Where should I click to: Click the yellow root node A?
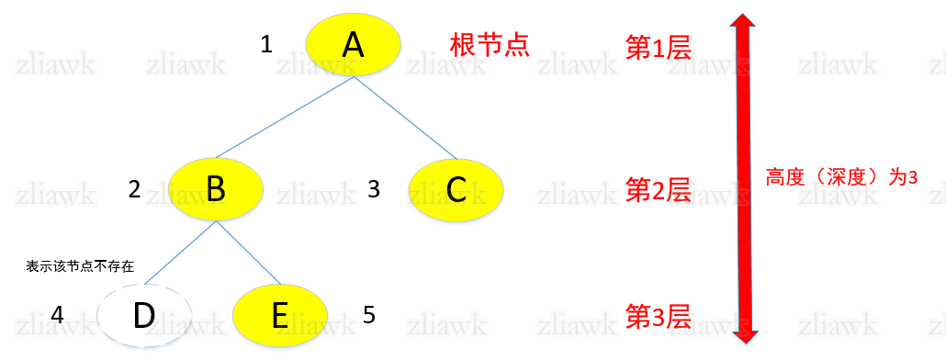(353, 44)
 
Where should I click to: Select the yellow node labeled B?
(217, 188)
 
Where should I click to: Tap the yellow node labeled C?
(456, 188)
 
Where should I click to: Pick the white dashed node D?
(144, 315)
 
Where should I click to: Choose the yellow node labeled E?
(281, 315)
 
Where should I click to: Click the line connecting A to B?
(285, 118)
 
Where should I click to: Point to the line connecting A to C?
(405, 118)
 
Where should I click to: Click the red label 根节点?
(490, 45)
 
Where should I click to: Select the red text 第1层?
(658, 48)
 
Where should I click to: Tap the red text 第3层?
(658, 315)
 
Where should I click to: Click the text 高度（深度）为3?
(841, 177)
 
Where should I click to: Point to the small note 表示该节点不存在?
(80, 266)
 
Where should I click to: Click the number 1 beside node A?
(266, 44)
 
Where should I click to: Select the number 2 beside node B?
(134, 189)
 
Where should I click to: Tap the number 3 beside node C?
(373, 189)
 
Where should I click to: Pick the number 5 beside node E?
(368, 315)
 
